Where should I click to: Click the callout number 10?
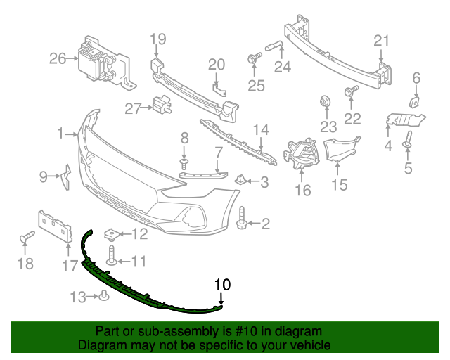pos(222,285)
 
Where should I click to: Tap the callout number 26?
pos(57,59)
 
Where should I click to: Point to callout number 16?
pos(302,190)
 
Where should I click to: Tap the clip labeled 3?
pos(240,181)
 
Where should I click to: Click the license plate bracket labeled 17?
pos(56,226)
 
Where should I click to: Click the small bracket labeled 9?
pos(65,176)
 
